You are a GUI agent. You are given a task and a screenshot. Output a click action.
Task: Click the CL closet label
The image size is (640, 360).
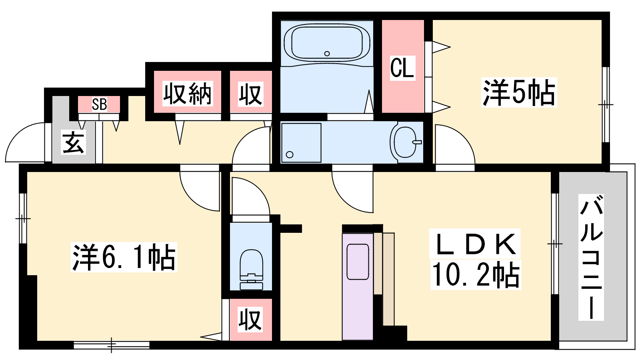[402, 68]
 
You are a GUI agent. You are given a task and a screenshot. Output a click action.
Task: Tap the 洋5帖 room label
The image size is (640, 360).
[519, 92]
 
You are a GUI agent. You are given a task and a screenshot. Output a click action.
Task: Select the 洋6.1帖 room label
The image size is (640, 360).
[124, 257]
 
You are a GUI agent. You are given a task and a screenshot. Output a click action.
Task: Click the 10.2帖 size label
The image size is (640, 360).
[476, 274]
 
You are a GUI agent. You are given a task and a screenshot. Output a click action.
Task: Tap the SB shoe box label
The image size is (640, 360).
[99, 104]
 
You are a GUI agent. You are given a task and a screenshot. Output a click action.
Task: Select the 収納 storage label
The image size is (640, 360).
[188, 94]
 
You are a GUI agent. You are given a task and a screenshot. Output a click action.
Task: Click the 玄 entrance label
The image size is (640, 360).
[74, 142]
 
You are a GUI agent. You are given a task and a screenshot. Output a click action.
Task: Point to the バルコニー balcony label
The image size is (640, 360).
[591, 257]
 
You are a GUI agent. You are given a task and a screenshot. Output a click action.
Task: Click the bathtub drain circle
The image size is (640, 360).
[327, 54]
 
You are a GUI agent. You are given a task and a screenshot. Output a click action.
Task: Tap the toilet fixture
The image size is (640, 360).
[251, 270]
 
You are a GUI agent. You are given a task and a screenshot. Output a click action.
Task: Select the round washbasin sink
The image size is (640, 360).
[405, 142]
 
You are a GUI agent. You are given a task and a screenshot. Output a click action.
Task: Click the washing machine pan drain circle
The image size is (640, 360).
[290, 154]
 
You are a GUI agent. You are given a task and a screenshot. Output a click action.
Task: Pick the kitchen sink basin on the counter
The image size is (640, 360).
[358, 262]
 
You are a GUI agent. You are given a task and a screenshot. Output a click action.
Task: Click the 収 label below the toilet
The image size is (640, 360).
[250, 319]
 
